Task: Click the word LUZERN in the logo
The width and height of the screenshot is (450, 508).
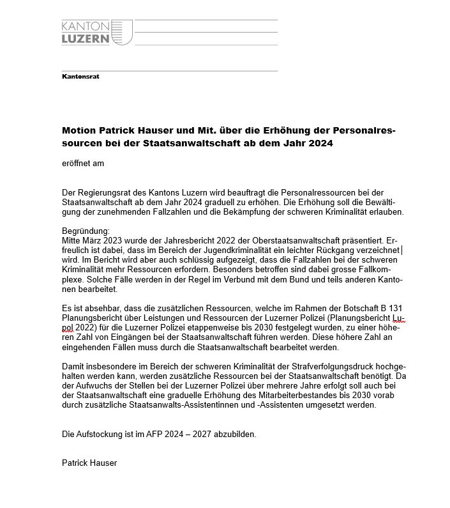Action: (86, 38)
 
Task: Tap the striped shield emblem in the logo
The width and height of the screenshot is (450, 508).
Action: (123, 32)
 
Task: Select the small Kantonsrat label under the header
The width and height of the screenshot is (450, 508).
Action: (80, 77)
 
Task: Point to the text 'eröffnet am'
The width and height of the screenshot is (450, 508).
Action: (83, 163)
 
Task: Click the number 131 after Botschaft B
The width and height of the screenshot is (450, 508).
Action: (395, 309)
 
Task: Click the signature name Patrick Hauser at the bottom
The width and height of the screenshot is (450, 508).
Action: (89, 463)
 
